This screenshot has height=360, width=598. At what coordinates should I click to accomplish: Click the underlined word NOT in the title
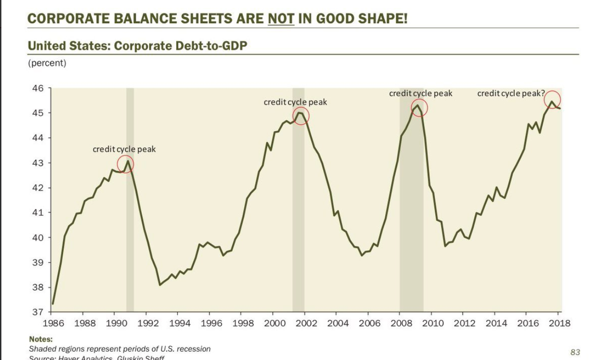pos(281,19)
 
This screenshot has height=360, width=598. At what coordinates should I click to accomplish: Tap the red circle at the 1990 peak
pos(126,164)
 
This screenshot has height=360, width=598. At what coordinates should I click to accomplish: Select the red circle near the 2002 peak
pos(301,116)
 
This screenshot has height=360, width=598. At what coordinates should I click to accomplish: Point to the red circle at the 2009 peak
pos(419,108)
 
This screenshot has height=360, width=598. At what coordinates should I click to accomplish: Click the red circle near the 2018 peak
pos(552,99)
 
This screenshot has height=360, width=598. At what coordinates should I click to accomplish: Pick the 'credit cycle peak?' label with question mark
pos(512,94)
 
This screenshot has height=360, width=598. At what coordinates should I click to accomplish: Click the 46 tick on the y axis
pos(37,88)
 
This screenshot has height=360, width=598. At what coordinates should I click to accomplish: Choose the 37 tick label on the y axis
pos(37,312)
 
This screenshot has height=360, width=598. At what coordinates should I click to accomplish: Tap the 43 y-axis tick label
pos(37,163)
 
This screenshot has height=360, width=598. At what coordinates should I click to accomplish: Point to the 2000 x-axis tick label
pos(275,323)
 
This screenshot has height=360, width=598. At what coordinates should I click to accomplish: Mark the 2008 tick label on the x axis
pos(401,323)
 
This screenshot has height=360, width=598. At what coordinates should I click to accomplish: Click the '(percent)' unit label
pos(47,63)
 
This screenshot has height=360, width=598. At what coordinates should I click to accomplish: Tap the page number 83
pos(575,352)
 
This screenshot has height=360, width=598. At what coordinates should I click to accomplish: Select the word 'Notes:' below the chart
pos(41,339)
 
